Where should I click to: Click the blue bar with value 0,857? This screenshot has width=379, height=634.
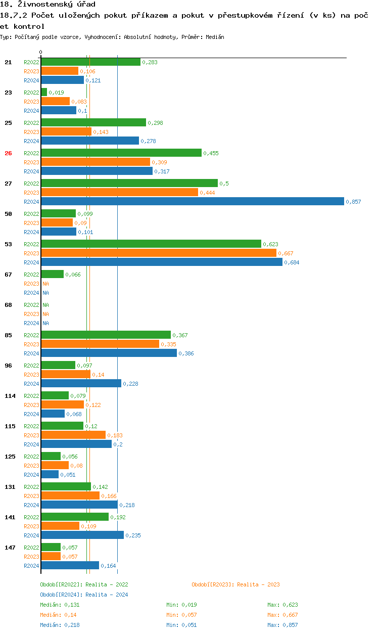coord(192,202)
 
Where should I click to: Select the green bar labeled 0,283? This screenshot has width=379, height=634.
coord(90,62)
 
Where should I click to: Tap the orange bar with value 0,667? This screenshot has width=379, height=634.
coord(159,253)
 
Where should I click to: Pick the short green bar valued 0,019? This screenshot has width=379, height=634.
coord(44,93)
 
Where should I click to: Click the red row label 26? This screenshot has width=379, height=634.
coord(8,153)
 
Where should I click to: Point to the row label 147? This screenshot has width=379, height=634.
coord(10,548)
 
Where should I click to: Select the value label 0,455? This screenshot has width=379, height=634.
coord(211,153)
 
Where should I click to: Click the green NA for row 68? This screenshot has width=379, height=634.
coord(45,305)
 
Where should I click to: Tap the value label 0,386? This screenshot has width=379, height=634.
coord(186,353)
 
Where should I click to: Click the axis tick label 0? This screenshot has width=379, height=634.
coord(41,53)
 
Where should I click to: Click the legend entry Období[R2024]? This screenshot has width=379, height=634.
coord(61,595)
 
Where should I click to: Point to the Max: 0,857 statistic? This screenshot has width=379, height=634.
coord(282,625)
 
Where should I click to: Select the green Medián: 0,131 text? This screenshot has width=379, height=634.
coord(60,605)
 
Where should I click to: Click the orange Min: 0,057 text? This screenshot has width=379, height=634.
coord(181,615)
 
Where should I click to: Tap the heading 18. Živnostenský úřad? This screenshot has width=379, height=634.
coord(48,5)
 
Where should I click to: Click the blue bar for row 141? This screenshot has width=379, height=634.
coord(82,535)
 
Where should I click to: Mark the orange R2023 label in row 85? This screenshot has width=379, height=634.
coord(31,344)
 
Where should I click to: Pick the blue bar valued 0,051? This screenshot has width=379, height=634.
coord(50,475)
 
